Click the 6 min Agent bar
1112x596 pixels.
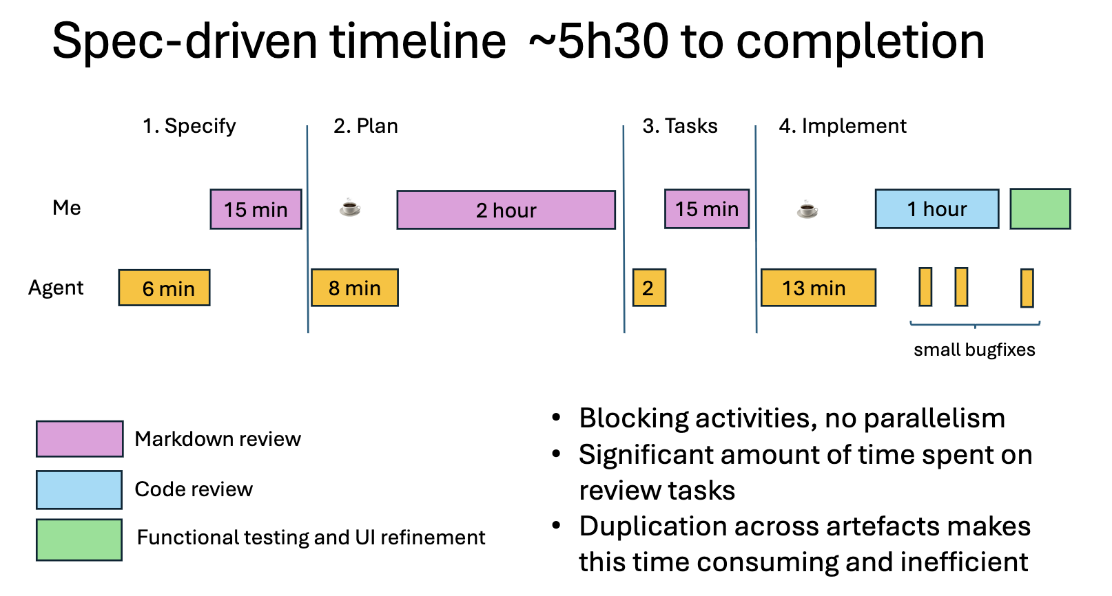click(164, 288)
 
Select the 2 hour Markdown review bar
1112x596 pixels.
click(506, 210)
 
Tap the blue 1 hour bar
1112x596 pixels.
click(936, 209)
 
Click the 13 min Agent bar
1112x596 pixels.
click(818, 288)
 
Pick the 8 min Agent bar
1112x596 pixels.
click(354, 288)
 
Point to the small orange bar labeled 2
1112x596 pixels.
click(648, 288)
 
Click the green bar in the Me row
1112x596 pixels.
click(1040, 209)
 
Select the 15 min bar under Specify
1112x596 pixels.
click(256, 209)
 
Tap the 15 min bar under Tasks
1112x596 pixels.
click(706, 209)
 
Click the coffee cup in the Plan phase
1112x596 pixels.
click(350, 207)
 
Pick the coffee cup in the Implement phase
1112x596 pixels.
click(807, 209)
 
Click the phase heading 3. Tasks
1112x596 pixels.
click(679, 126)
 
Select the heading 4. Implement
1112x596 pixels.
click(842, 126)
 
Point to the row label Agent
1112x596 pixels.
click(56, 288)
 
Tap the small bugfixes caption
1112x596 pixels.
click(974, 350)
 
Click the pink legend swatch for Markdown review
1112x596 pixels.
click(79, 439)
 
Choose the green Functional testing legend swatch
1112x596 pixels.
click(79, 540)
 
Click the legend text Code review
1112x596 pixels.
click(194, 489)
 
